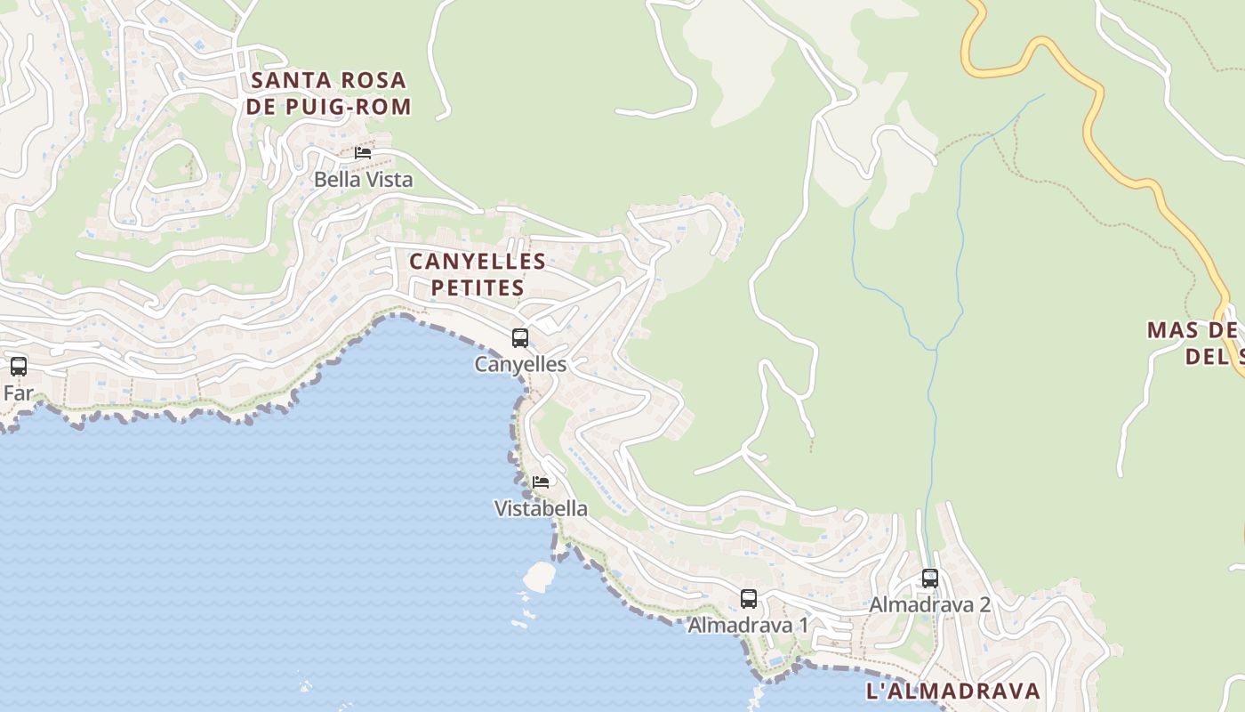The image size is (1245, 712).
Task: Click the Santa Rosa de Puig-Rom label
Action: (x=329, y=93)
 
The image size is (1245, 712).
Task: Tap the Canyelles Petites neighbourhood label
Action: (x=478, y=274)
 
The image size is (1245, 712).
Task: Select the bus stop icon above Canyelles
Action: (x=520, y=338)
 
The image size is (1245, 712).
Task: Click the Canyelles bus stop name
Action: (x=520, y=364)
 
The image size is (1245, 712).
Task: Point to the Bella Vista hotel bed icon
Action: (x=363, y=153)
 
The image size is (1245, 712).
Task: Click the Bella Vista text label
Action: (x=363, y=180)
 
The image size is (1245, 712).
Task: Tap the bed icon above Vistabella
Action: (x=541, y=482)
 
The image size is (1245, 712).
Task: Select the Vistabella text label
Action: (x=541, y=509)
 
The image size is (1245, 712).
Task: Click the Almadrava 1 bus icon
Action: (x=749, y=599)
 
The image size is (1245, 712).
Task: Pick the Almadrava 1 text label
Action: (x=749, y=626)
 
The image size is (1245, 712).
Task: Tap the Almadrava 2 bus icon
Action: (x=930, y=578)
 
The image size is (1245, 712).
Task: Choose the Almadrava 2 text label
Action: (x=930, y=605)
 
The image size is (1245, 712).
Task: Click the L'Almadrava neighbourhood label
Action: (x=952, y=692)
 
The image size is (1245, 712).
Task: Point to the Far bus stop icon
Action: (x=19, y=366)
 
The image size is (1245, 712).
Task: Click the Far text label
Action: (x=19, y=392)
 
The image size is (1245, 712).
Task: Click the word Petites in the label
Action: (x=478, y=287)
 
